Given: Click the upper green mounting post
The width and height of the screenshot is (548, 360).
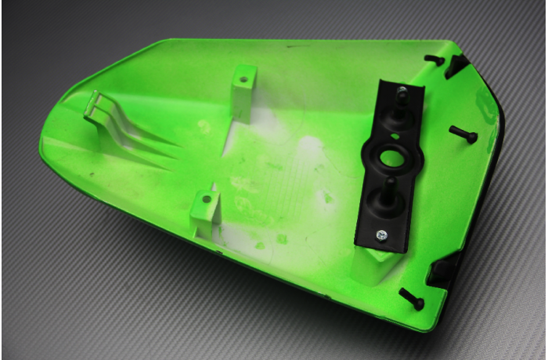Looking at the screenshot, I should [243, 92].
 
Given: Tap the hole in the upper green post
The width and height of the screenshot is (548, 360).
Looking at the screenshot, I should [243, 79].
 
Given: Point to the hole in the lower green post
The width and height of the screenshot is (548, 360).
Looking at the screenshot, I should [207, 200].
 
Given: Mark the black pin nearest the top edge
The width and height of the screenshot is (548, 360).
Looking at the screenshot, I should [434, 59].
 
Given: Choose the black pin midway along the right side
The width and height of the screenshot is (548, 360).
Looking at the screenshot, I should [463, 135].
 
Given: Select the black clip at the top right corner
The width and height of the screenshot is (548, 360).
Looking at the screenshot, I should [456, 66].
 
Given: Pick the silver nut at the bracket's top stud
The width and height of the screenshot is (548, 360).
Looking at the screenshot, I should [400, 92].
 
